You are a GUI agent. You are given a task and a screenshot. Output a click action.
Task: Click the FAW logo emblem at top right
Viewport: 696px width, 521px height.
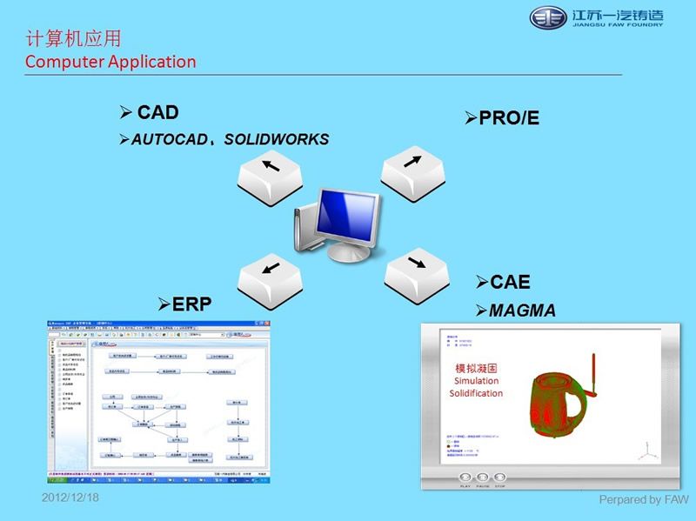(x=548, y=18)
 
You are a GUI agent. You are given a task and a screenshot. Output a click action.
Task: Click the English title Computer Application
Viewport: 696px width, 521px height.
(x=110, y=62)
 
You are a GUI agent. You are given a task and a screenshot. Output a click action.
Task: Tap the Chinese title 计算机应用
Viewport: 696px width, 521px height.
(x=73, y=39)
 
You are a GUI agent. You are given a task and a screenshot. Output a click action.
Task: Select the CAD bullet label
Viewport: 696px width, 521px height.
(x=157, y=112)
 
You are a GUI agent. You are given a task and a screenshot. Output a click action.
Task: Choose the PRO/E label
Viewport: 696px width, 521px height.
(x=509, y=118)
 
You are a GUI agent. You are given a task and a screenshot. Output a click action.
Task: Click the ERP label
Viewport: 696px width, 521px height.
(x=192, y=304)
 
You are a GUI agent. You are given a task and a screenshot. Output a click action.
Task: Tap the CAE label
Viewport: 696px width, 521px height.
(x=510, y=283)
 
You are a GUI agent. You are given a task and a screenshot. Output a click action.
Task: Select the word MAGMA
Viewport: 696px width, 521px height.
(x=522, y=311)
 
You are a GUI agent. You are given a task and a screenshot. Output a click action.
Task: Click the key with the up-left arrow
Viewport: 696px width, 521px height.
(x=271, y=169)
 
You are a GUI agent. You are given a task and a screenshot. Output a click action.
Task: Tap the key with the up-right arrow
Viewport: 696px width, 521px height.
(x=412, y=165)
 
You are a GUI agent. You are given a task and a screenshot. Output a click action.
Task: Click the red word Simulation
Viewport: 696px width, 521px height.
(x=475, y=381)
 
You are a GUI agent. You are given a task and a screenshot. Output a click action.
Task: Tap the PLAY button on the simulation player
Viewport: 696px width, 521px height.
(x=464, y=478)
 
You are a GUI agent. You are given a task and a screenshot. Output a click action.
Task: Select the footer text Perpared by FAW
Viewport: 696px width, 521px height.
(x=643, y=499)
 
